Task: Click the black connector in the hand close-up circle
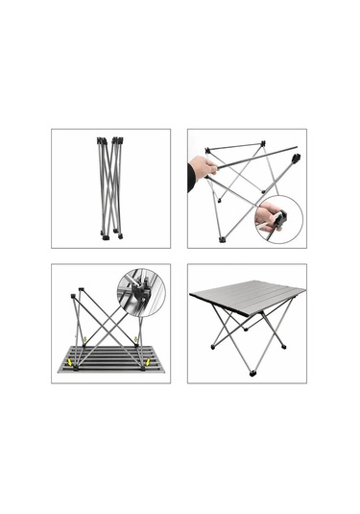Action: coord(279,222)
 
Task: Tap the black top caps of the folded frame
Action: coord(109,141)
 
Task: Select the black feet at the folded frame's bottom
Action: coord(110,233)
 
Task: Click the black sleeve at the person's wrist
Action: coord(191,177)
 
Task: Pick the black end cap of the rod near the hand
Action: coord(297,159)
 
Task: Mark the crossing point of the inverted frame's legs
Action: coord(108,328)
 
